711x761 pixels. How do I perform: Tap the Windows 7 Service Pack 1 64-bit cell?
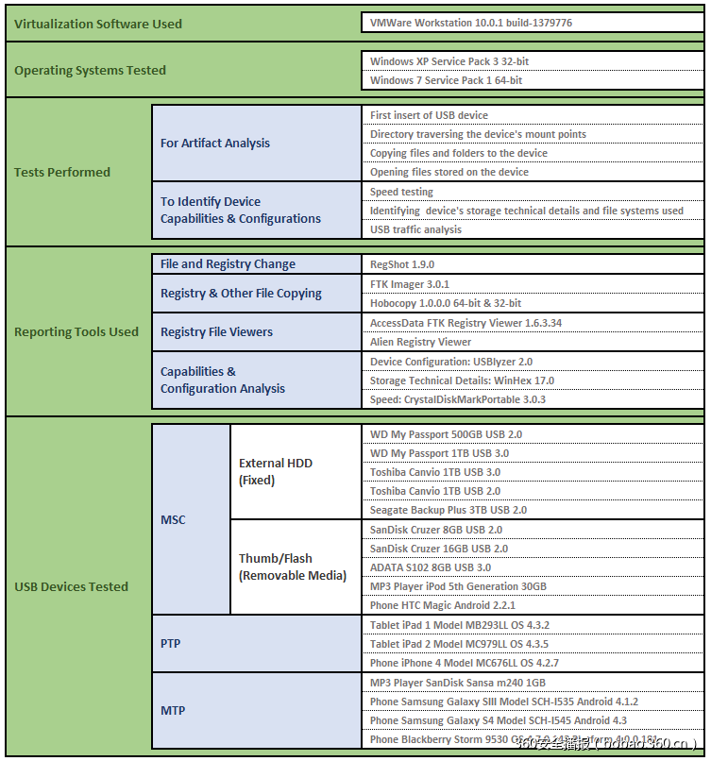(x=447, y=80)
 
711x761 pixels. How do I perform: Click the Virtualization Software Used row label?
(x=98, y=24)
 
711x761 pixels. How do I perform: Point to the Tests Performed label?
(x=62, y=172)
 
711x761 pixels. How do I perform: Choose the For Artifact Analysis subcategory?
(x=215, y=143)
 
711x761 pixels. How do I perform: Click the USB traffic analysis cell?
(x=416, y=229)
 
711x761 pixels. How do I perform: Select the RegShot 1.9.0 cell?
(x=402, y=264)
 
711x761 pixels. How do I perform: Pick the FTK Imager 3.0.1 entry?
(x=410, y=284)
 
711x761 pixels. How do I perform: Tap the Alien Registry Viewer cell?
(x=421, y=342)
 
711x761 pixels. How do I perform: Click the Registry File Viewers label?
(x=216, y=331)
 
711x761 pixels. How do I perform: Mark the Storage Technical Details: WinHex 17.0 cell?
(x=463, y=380)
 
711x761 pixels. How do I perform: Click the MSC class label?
(x=174, y=519)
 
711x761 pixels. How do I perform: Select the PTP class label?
(x=171, y=643)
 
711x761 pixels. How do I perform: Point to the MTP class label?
(x=173, y=710)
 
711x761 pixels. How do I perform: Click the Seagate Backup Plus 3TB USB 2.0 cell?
(x=449, y=510)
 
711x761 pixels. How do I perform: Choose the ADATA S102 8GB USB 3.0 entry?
(x=431, y=567)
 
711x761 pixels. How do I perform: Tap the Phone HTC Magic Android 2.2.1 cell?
(x=443, y=605)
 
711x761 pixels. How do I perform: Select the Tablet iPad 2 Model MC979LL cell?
(x=460, y=644)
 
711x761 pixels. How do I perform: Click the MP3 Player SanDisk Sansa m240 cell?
(x=458, y=683)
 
